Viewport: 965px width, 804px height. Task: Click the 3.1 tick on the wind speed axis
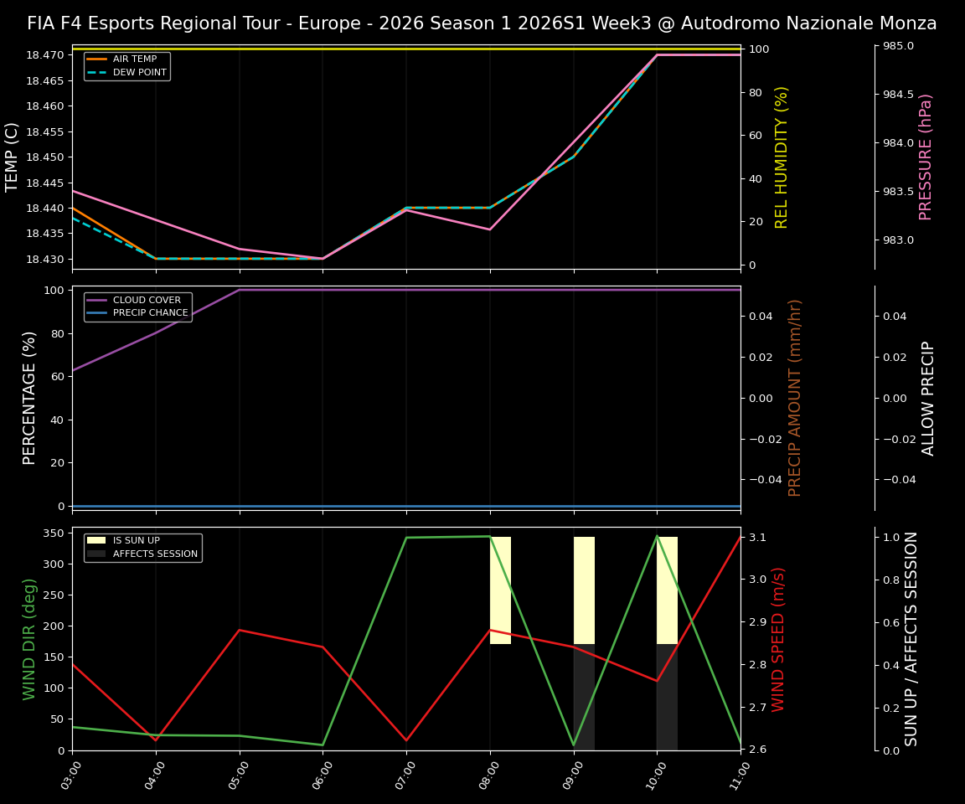pos(758,537)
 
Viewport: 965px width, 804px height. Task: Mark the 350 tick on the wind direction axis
pos(53,533)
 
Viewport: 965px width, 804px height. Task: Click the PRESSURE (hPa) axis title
pos(926,157)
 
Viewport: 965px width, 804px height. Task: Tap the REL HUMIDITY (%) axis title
pos(782,157)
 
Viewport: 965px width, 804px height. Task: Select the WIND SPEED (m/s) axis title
pos(778,639)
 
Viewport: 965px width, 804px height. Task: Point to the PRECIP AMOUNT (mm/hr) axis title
pos(795,398)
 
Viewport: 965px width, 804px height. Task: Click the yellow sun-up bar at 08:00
pos(500,590)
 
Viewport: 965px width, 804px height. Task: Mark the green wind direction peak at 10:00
pos(657,536)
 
